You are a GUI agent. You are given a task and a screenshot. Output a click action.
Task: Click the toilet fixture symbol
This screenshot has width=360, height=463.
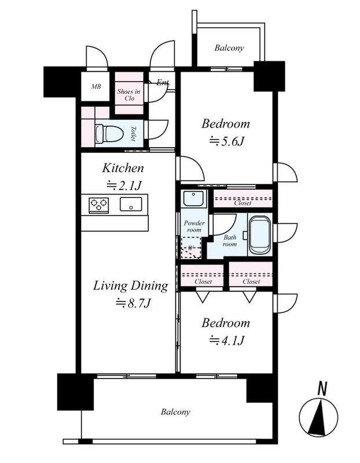tap(109, 134)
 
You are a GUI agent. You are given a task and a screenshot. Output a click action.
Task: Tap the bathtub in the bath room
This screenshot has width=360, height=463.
tap(260, 236)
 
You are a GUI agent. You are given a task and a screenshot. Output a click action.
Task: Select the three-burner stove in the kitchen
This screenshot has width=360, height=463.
tap(98, 205)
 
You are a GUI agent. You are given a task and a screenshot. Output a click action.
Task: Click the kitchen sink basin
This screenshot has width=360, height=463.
tap(131, 204)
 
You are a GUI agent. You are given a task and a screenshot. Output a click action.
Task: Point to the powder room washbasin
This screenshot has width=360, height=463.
tap(193, 199)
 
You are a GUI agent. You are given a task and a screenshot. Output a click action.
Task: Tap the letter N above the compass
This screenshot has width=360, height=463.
tap(322, 388)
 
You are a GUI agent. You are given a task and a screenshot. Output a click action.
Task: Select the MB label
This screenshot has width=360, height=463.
tap(96, 86)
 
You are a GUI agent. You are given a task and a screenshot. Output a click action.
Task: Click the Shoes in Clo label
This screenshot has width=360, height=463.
tap(128, 95)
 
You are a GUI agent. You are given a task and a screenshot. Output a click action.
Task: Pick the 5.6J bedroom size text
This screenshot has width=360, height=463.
tap(226, 141)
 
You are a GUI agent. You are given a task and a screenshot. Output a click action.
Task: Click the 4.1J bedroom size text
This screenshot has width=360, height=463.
tap(226, 340)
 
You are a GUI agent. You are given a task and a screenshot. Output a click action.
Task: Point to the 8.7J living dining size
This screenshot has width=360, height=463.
tap(133, 303)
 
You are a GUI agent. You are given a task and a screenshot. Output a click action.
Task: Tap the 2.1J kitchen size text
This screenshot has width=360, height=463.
tap(124, 185)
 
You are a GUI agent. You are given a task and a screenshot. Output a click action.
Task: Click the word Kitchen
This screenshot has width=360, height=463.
tap(123, 168)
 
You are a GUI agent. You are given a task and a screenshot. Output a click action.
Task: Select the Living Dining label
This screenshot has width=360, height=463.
tap(131, 286)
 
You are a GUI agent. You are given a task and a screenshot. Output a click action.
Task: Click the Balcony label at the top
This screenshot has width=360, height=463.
tap(229, 48)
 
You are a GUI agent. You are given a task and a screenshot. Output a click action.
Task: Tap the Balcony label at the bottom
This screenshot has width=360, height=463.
tap(175, 412)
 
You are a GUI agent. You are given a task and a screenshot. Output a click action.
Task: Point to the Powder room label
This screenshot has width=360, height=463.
tap(194, 226)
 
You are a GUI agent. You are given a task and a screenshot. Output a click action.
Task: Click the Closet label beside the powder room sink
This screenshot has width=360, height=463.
tap(243, 203)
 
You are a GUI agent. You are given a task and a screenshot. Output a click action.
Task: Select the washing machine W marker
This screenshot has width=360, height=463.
tap(190, 248)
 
